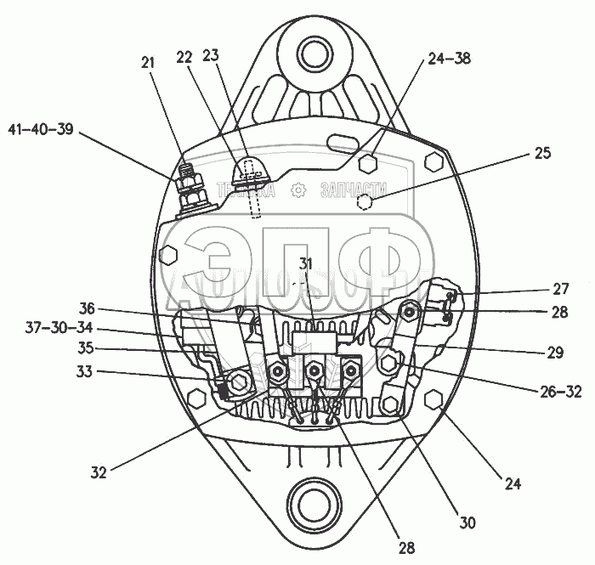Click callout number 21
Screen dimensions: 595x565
[149, 61]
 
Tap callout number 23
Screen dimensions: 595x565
[209, 56]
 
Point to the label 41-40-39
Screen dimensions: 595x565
[41, 129]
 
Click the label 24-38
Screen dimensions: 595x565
[449, 59]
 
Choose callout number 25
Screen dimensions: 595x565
[542, 154]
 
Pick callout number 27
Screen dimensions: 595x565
[560, 289]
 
